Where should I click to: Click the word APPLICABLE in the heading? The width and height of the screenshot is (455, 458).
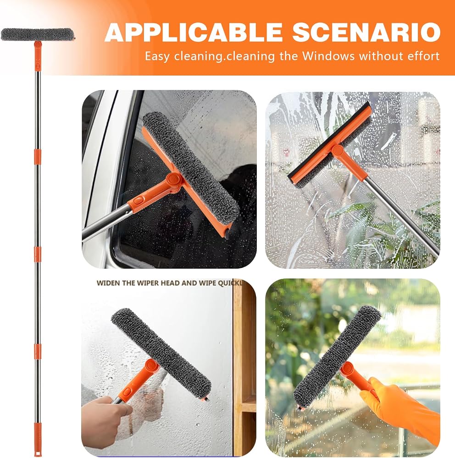tap(194, 32)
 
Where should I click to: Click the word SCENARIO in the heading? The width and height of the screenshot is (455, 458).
tap(366, 32)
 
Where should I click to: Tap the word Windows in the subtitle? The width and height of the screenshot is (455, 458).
tap(328, 55)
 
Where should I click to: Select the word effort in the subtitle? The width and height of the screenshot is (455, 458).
tap(422, 55)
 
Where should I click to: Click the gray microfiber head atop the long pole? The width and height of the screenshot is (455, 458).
tap(37, 34)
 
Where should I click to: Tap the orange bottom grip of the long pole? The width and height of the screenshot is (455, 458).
tap(37, 440)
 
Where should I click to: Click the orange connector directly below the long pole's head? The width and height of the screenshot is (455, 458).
tap(38, 56)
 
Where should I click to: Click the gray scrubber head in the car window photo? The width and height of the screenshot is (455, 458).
tap(191, 165)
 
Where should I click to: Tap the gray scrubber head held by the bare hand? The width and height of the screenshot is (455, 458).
tap(161, 352)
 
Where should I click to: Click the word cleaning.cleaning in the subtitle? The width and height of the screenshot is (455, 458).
tap(224, 56)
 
